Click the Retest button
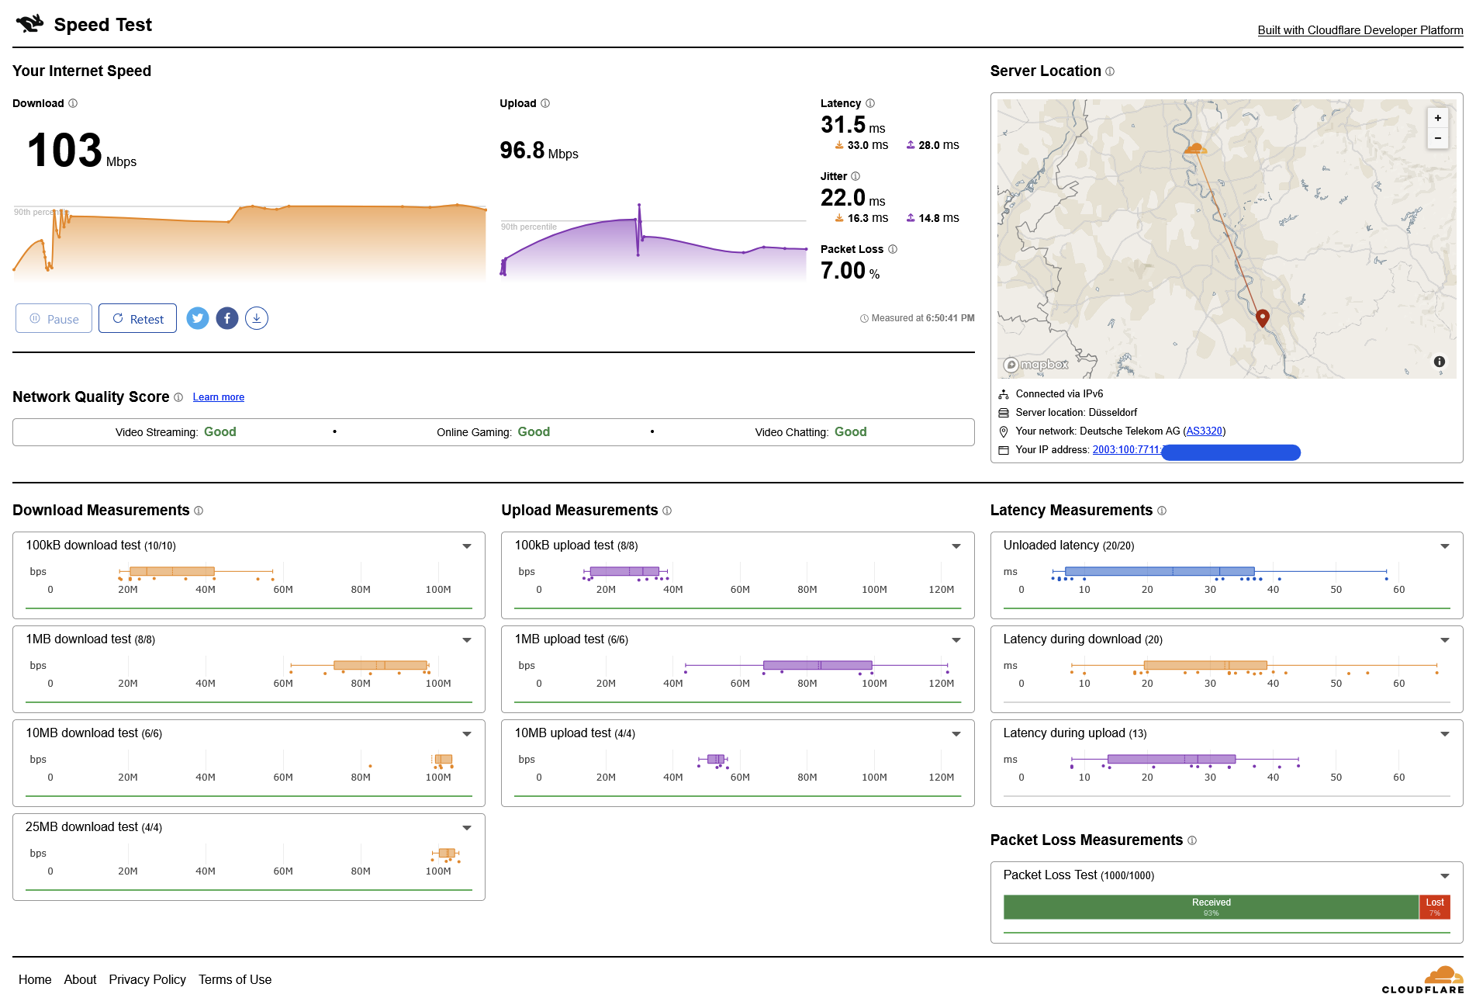[137, 319]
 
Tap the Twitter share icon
[198, 318]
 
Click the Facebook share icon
[227, 318]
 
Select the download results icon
[257, 318]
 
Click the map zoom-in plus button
[1437, 118]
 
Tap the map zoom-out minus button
[1437, 138]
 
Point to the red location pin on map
[1262, 317]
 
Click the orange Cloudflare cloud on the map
[1195, 147]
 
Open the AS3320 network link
[1204, 431]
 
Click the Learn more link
[218, 397]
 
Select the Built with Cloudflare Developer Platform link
[1360, 30]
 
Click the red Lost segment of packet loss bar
[1434, 906]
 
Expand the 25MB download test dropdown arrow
[467, 828]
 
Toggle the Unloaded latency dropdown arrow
[1444, 546]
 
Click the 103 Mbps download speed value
[65, 151]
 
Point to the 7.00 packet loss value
[843, 271]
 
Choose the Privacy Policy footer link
[147, 980]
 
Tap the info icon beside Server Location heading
[1110, 71]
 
